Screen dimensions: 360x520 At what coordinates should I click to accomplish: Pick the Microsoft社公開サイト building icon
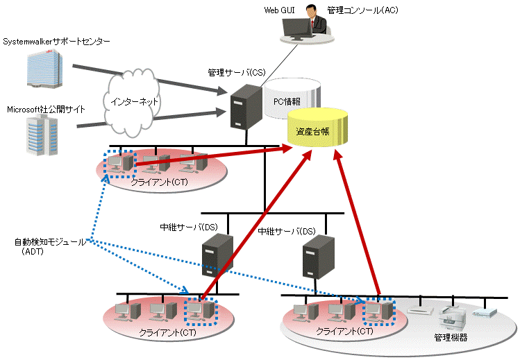click(x=40, y=135)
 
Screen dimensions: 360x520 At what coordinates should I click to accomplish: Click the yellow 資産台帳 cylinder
click(x=317, y=128)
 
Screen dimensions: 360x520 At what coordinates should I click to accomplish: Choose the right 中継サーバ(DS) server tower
click(x=317, y=257)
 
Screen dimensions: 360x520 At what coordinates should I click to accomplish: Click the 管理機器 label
click(x=451, y=338)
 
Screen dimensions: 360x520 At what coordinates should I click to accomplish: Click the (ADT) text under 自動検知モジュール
click(x=33, y=252)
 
